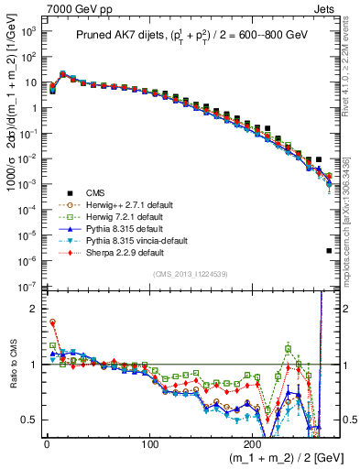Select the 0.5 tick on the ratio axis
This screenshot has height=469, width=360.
click(x=29, y=420)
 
